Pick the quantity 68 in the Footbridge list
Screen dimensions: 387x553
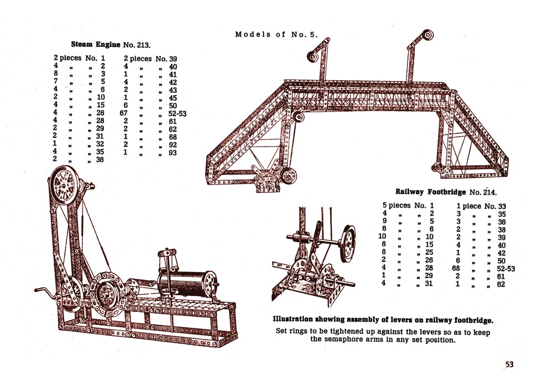[x=457, y=269]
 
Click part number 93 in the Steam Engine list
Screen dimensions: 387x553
[x=173, y=152]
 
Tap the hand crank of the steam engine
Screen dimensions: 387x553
[x=40, y=290]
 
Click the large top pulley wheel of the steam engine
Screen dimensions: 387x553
[x=65, y=185]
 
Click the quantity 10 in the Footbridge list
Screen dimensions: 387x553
[x=383, y=237]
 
